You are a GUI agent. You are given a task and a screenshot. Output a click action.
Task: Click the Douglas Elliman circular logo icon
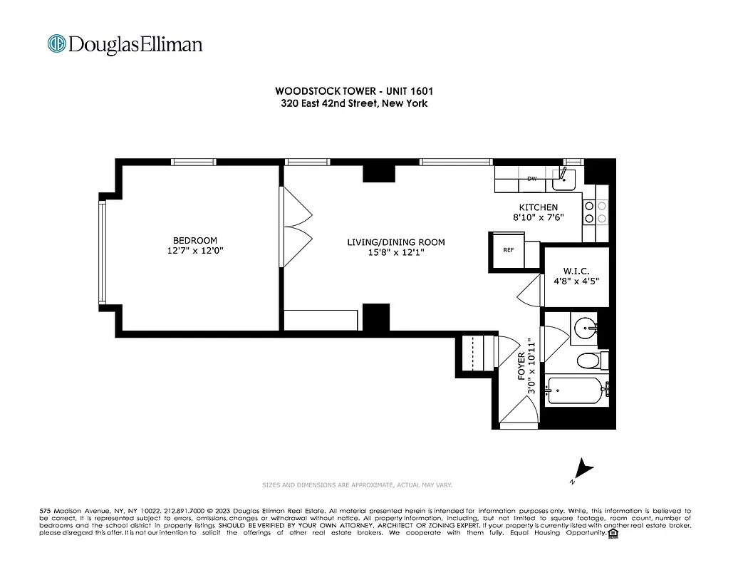[x=56, y=44]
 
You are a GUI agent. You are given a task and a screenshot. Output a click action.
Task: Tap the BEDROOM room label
[x=194, y=241]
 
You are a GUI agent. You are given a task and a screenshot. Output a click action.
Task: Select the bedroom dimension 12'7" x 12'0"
[x=194, y=251]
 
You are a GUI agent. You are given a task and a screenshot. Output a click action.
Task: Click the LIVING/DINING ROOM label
[x=395, y=242]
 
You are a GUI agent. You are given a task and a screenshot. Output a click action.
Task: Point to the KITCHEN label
[x=538, y=207]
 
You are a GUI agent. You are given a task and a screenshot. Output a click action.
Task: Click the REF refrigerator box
[x=509, y=251]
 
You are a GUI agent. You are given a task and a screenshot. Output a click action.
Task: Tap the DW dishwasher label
[x=531, y=179]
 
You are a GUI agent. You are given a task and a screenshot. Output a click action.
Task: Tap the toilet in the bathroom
[x=590, y=361]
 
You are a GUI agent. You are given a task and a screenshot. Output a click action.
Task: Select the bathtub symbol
[x=576, y=391]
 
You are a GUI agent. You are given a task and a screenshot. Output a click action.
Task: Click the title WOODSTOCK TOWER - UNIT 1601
[x=354, y=91]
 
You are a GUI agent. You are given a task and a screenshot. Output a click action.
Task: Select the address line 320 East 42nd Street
[x=354, y=103]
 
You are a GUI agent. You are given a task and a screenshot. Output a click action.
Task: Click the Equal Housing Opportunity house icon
[x=613, y=533]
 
